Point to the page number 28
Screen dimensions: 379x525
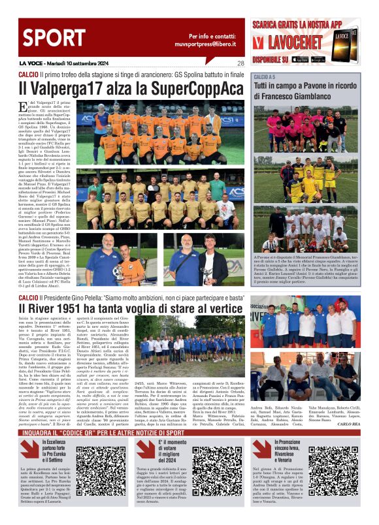(x=240, y=63)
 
